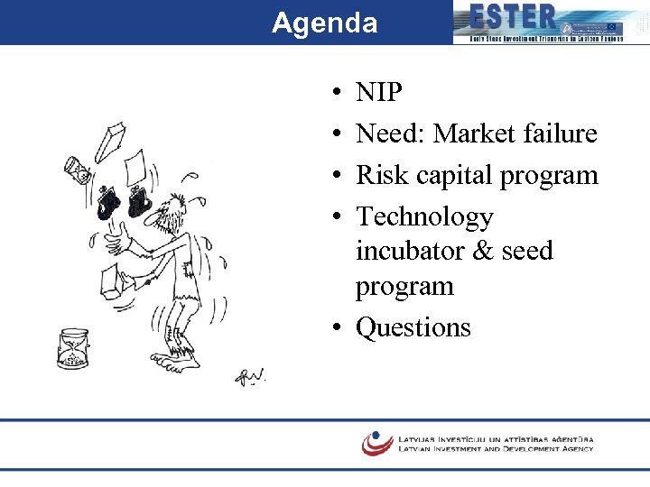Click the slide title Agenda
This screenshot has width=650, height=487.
point(324,23)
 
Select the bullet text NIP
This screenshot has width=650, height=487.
point(379,92)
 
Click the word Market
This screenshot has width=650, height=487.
point(478,133)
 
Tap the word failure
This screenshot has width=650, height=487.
point(563,133)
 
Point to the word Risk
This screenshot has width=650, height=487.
point(380,175)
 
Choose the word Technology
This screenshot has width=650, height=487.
point(424,217)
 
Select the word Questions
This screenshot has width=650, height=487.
point(413,326)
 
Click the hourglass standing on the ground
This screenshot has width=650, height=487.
point(72,348)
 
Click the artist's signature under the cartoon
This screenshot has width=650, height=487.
point(250,376)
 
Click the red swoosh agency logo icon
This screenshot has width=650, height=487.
point(376,442)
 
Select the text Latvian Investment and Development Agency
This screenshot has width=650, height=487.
point(496,448)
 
